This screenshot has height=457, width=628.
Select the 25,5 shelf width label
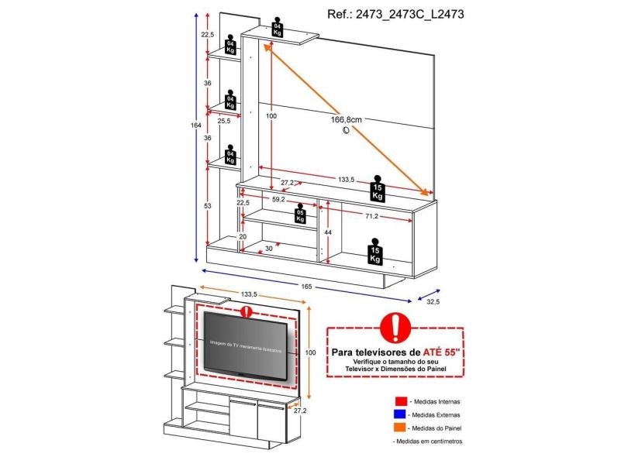click(x=223, y=121)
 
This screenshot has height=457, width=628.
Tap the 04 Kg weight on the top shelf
click(x=278, y=28)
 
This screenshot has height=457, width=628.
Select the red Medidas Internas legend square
click(x=400, y=401)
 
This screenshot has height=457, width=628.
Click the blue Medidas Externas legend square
click(x=400, y=414)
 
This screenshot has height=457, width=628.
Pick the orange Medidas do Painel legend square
click(x=400, y=428)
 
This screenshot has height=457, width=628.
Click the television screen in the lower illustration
click(x=248, y=345)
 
